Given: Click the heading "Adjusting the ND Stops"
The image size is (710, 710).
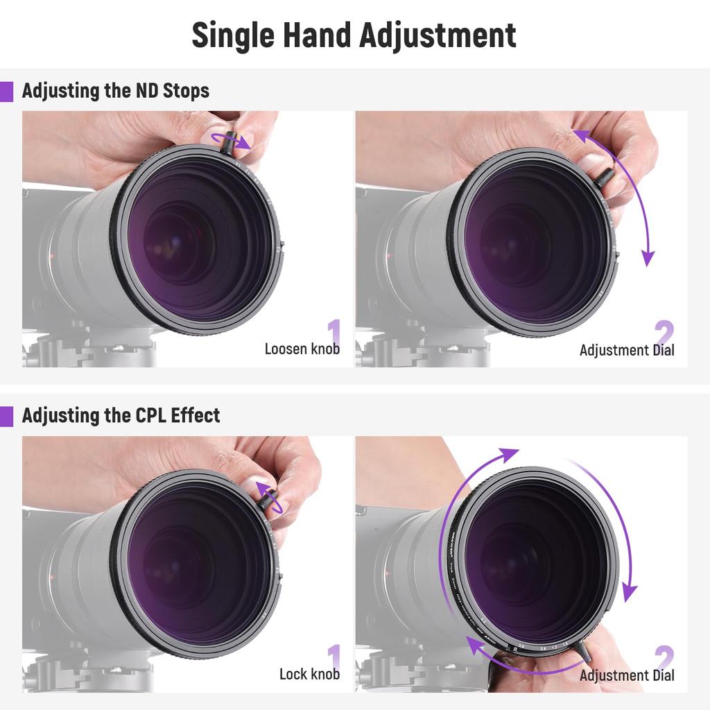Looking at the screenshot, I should click(x=115, y=91).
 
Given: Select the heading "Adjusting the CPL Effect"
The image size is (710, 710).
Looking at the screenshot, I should click(x=121, y=415).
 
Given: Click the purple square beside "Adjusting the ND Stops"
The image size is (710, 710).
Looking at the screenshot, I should click(x=6, y=92).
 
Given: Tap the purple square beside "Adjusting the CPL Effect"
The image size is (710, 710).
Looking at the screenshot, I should click(x=6, y=416).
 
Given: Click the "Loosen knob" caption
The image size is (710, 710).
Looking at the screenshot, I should click(x=302, y=349).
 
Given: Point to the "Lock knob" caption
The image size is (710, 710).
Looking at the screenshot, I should click(x=309, y=673).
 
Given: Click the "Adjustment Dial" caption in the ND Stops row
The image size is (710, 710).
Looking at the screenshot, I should click(x=627, y=349).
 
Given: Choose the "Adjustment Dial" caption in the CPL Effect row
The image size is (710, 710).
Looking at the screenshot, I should click(x=627, y=675).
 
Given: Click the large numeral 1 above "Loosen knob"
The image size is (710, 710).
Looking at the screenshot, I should click(x=334, y=331).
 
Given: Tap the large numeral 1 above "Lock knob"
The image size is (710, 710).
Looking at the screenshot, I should click(x=334, y=656).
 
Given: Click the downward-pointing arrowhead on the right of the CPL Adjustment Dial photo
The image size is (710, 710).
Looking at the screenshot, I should click(x=629, y=593).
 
